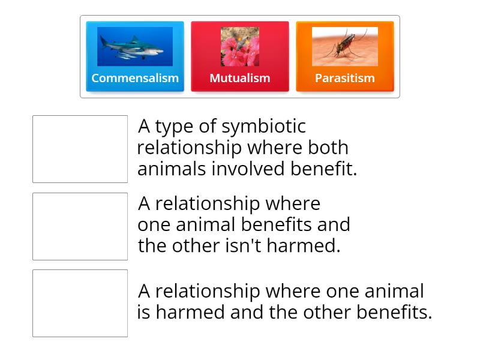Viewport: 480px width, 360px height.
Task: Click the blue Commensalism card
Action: pos(135,56)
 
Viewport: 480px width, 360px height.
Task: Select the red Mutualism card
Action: pos(240,56)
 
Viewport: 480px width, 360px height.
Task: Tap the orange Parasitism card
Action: pos(345,56)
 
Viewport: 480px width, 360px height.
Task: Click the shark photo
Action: pos(135,46)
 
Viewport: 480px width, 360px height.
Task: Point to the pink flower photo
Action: pos(240,46)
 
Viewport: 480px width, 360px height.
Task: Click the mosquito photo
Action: pos(345,46)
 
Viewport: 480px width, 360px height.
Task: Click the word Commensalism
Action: pos(135,78)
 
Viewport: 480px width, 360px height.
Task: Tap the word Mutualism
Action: pos(240,78)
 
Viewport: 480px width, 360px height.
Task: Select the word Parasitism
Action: pos(345,78)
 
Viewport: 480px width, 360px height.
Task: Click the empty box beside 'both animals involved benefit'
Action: pos(80,149)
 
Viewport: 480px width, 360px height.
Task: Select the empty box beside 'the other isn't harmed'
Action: pos(80,226)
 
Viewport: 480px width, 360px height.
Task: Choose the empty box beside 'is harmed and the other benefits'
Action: pos(80,303)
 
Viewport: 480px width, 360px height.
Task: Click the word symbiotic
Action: pos(264,127)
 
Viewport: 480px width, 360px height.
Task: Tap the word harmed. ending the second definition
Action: pos(310,246)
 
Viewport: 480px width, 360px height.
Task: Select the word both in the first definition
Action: pos(328,148)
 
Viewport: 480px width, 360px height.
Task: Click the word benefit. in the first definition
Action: pos(324,169)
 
